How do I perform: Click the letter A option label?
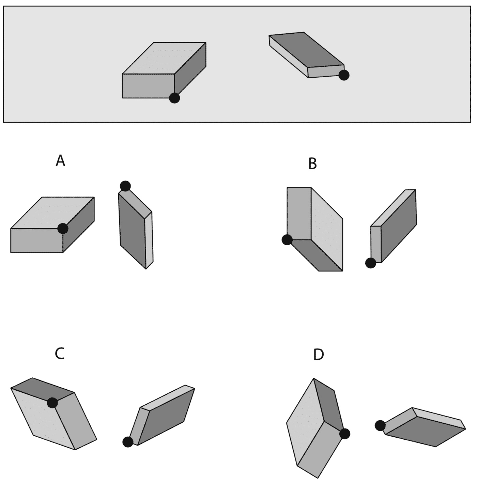click(x=60, y=161)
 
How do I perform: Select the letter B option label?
click(x=312, y=163)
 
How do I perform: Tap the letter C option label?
click(x=59, y=354)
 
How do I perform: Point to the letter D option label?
click(x=318, y=355)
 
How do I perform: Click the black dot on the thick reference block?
click(x=174, y=98)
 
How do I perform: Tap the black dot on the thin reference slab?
click(x=344, y=75)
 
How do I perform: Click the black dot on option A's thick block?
click(x=63, y=228)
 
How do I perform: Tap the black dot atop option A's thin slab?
click(x=125, y=186)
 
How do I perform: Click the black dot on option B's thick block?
click(x=287, y=240)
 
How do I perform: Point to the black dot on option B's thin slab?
click(x=370, y=263)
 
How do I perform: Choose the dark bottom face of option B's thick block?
click(x=317, y=255)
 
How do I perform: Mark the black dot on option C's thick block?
click(x=52, y=403)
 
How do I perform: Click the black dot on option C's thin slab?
click(x=128, y=442)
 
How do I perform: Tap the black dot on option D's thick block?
click(x=344, y=434)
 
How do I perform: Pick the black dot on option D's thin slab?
click(x=380, y=425)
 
